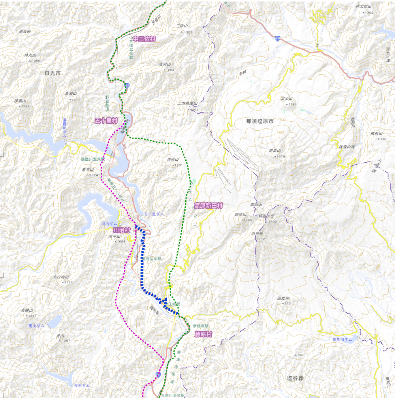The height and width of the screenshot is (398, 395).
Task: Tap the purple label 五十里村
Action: click(106, 120)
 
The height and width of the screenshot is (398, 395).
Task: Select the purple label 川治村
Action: click(122, 230)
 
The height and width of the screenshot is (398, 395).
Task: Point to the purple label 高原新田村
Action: click(209, 206)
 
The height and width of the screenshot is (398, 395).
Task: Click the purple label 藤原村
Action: click(203, 334)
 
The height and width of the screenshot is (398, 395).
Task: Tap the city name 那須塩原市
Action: click(260, 122)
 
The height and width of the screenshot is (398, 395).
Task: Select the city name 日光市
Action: click(53, 73)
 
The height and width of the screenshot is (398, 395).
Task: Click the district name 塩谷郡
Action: click(295, 378)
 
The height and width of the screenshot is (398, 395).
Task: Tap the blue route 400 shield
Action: click(278, 38)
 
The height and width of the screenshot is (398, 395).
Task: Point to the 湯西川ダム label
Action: click(65, 128)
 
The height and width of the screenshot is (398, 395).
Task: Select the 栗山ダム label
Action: click(36, 326)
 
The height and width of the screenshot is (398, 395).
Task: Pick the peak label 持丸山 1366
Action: click(31, 58)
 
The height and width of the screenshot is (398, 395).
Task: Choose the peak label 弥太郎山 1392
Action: click(364, 9)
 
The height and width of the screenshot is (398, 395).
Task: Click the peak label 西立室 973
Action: click(284, 300)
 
